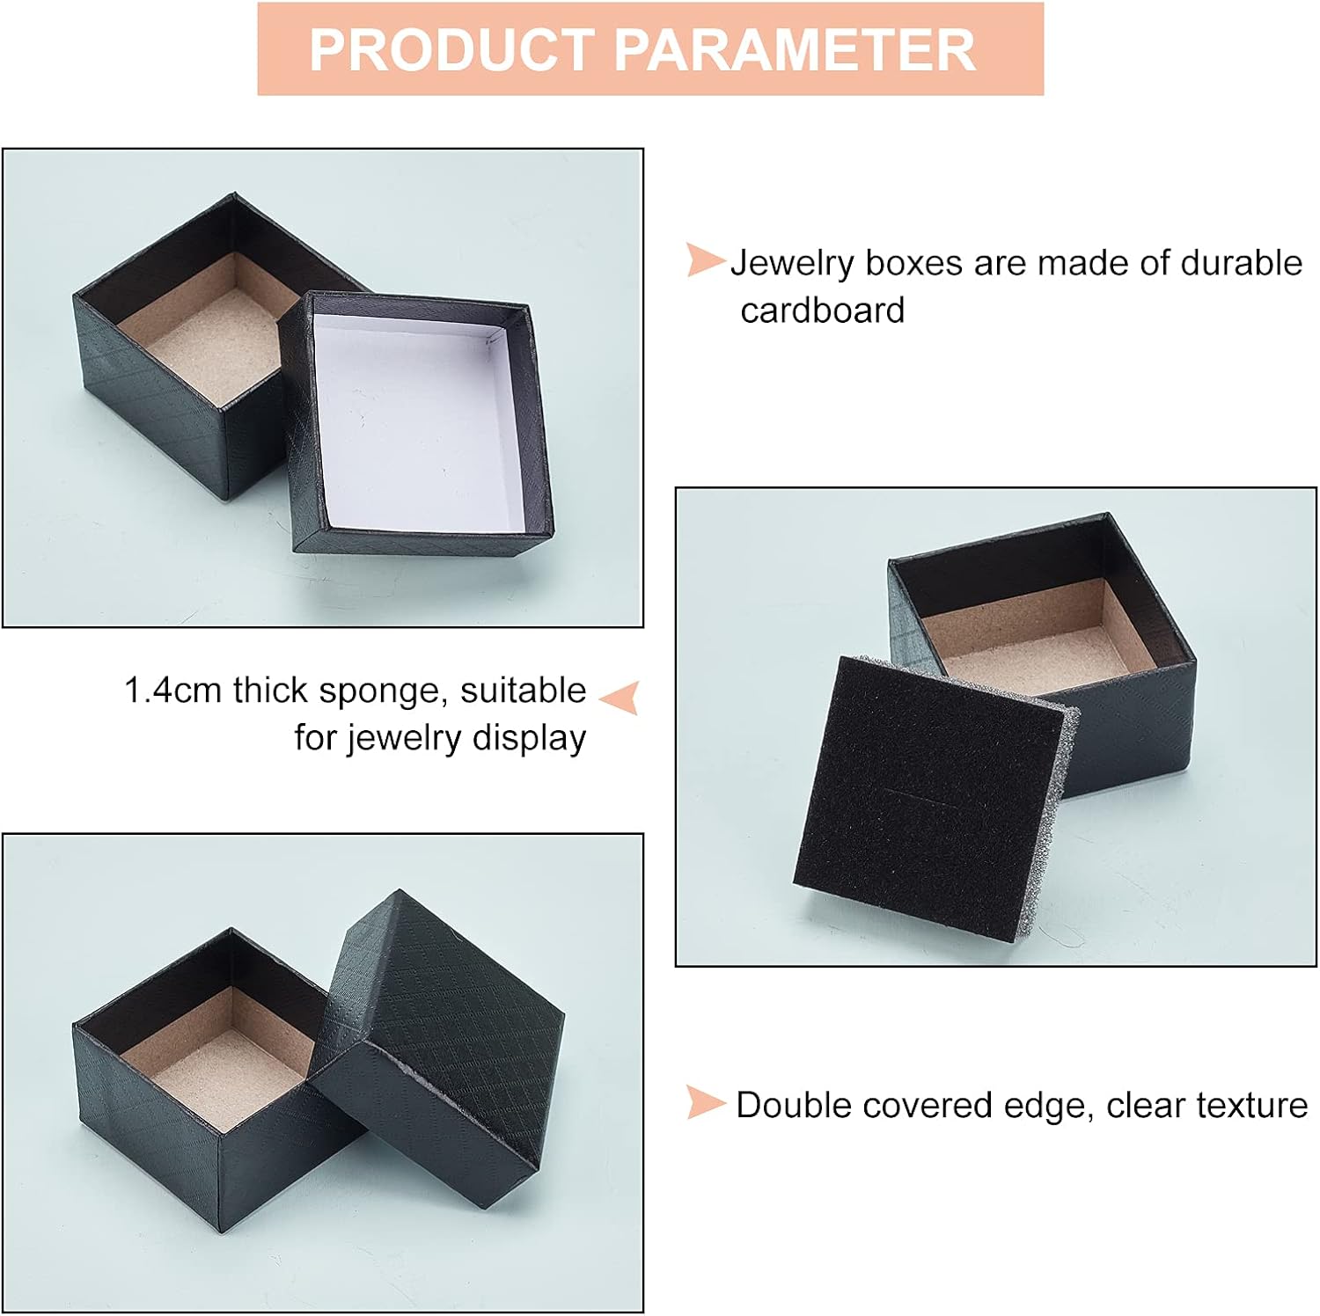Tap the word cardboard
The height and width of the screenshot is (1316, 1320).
tap(823, 310)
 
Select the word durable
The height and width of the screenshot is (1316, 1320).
tap(1241, 263)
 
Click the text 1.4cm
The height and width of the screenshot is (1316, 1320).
tap(172, 691)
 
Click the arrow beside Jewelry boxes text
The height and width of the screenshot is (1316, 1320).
tap(705, 260)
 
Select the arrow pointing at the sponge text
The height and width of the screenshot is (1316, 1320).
tap(619, 697)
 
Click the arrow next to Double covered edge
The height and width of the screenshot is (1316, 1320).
tap(705, 1103)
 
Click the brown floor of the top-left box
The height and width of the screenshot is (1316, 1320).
tap(216, 343)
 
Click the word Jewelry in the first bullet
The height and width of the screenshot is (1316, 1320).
tap(792, 264)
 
